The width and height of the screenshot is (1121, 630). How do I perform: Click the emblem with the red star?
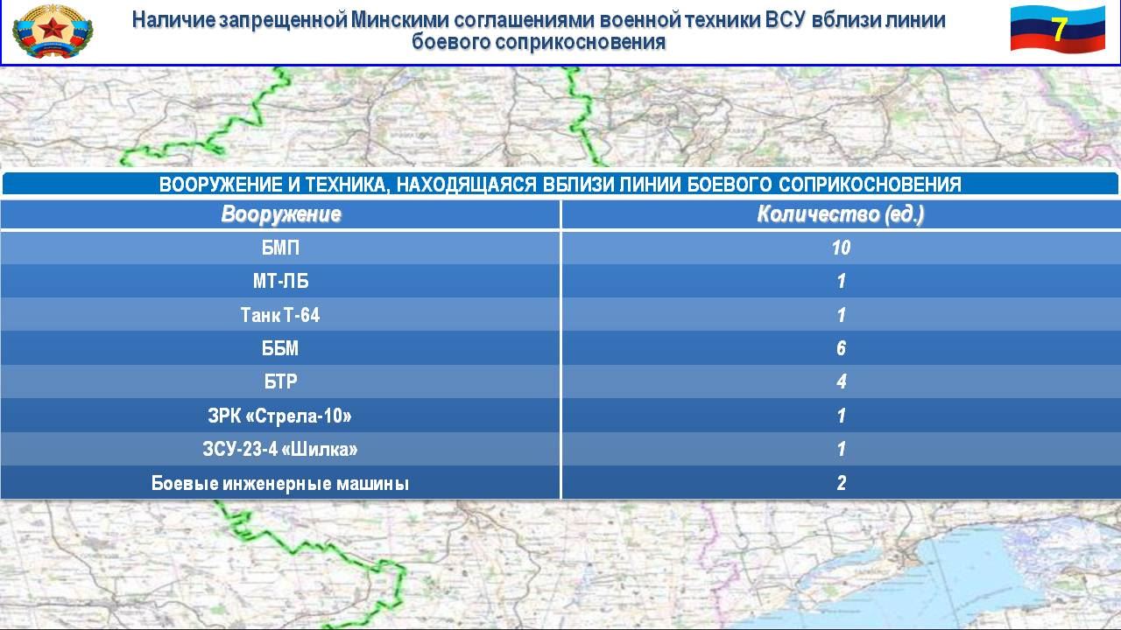(x=53, y=31)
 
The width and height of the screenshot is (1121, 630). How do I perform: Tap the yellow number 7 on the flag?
(x=1058, y=29)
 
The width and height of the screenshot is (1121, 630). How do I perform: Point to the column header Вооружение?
(x=281, y=214)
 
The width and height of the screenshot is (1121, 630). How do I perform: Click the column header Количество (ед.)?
(x=840, y=214)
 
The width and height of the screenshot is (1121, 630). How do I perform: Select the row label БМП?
(x=280, y=248)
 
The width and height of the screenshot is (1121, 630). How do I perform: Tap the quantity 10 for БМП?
(x=841, y=248)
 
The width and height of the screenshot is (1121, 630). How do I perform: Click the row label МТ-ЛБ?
(x=280, y=281)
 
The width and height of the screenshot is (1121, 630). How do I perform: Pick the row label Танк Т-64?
(x=280, y=315)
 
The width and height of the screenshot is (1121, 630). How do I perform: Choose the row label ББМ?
(x=280, y=348)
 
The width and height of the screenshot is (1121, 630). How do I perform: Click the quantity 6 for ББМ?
(x=841, y=348)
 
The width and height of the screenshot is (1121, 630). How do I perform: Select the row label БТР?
(x=280, y=381)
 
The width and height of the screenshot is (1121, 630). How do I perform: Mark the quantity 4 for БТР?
(x=842, y=381)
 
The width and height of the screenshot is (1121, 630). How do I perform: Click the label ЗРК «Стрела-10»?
(x=279, y=416)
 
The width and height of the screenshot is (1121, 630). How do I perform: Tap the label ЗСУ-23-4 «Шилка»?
(x=279, y=449)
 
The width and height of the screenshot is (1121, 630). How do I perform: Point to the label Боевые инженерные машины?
(x=280, y=483)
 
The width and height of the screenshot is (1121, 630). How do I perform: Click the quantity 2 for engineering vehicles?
(x=842, y=482)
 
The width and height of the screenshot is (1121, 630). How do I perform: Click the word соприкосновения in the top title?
(x=581, y=41)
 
